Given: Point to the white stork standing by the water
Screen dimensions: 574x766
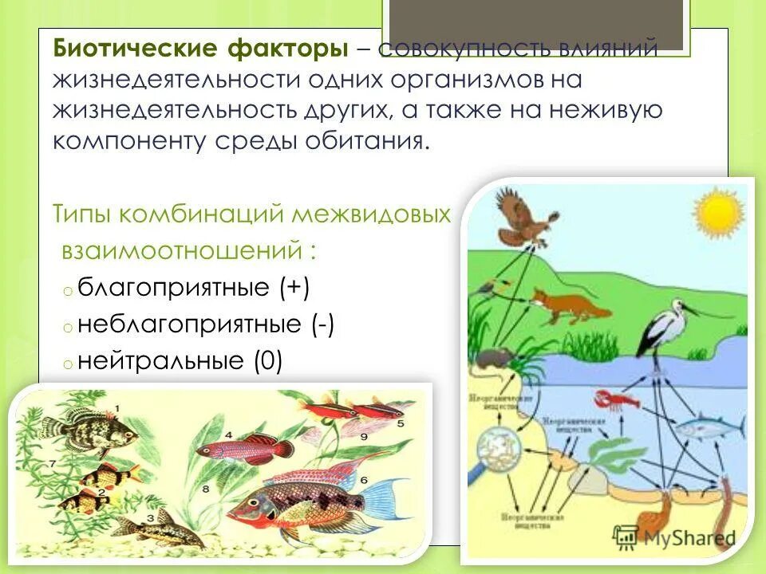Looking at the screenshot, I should [x=667, y=327].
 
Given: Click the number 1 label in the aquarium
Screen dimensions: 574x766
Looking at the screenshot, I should [x=116, y=409].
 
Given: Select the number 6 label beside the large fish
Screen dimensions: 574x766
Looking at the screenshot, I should [x=363, y=480].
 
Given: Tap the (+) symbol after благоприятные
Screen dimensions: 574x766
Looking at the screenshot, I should [x=294, y=287].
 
